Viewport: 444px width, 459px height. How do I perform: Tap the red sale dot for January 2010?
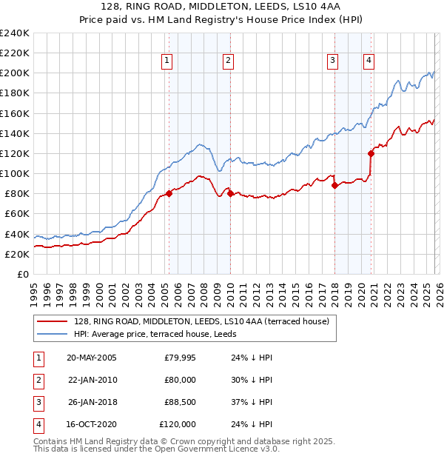(230, 194)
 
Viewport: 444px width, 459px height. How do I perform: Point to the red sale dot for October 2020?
(371, 153)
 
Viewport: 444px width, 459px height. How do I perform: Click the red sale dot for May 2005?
(169, 194)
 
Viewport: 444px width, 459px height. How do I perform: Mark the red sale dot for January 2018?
(334, 185)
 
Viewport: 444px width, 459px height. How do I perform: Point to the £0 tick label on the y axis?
(22, 274)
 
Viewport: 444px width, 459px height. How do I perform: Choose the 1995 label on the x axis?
(34, 292)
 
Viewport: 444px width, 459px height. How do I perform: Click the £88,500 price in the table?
(180, 402)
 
